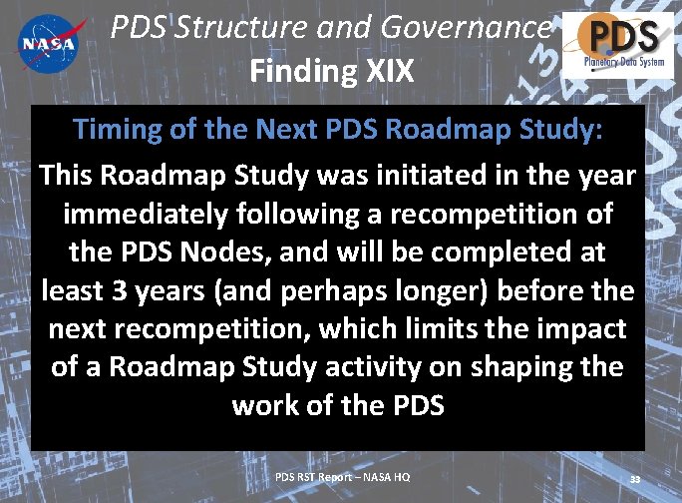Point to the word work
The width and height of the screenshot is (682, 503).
click(271, 404)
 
